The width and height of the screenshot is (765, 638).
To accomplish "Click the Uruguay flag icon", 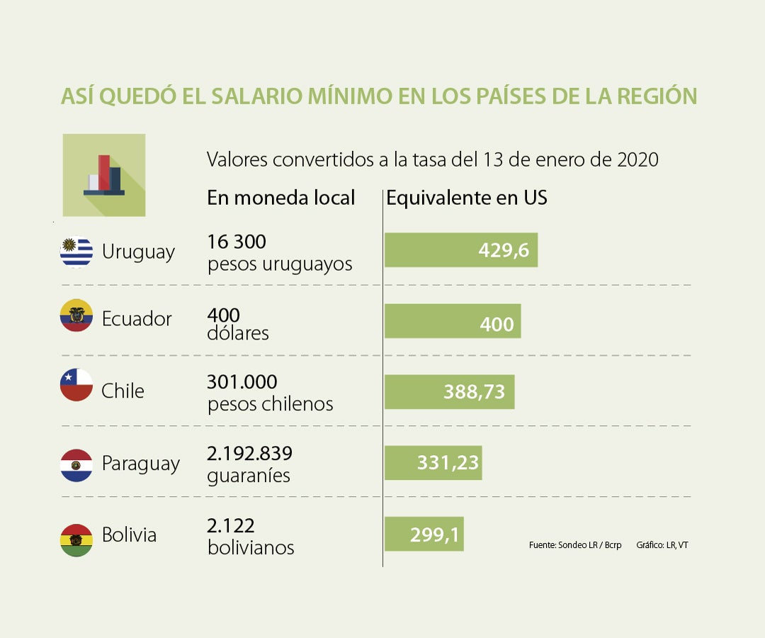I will pyautogui.click(x=76, y=252).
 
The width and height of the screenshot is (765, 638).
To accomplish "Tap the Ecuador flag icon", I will pyautogui.click(x=76, y=316).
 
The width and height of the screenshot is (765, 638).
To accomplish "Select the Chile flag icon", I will pyautogui.click(x=76, y=385).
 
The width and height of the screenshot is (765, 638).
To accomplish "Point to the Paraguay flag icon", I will pyautogui.click(x=76, y=465).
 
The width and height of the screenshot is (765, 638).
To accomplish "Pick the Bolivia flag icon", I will pyautogui.click(x=76, y=539).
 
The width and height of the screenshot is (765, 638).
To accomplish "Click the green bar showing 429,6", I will pyautogui.click(x=460, y=250).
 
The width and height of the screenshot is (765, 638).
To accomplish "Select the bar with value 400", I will pyautogui.click(x=452, y=321).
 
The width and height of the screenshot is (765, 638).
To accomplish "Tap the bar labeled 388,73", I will pyautogui.click(x=449, y=392).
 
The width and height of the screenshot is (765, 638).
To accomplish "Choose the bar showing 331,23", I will pyautogui.click(x=433, y=463).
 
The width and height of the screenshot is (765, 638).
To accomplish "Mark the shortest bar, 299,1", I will pyautogui.click(x=424, y=534).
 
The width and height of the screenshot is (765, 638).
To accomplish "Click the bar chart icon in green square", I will pyautogui.click(x=104, y=175).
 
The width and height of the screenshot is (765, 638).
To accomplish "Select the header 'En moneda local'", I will pyautogui.click(x=280, y=198).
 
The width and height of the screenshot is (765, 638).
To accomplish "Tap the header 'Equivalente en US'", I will pyautogui.click(x=467, y=198).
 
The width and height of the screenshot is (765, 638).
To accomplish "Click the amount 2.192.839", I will pyautogui.click(x=249, y=453).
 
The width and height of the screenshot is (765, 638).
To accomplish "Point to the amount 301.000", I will pyautogui.click(x=242, y=382).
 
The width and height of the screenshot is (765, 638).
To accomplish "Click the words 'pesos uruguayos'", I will pyautogui.click(x=280, y=265).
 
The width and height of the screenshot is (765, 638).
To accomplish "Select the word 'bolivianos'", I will pyautogui.click(x=251, y=548).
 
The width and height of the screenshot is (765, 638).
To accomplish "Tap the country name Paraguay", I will pyautogui.click(x=140, y=464).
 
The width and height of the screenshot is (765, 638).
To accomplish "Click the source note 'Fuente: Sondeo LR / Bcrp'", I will pyautogui.click(x=574, y=545).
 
